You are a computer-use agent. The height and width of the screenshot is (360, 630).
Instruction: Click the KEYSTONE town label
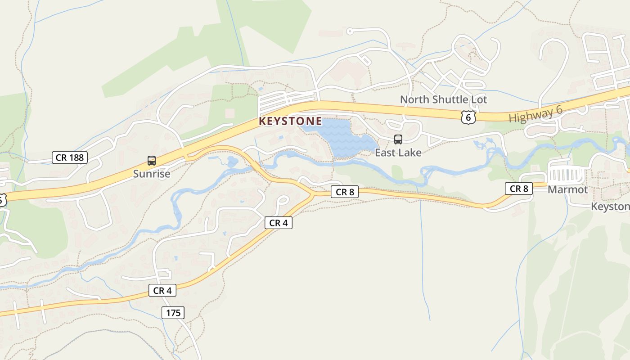[x=290, y=121]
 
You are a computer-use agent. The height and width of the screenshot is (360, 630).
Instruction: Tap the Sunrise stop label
[x=152, y=174]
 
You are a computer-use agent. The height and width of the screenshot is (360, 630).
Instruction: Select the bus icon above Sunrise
[x=152, y=161]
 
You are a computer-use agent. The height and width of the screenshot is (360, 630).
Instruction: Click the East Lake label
[x=398, y=153]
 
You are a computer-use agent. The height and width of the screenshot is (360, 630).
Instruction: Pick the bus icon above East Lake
[x=398, y=139]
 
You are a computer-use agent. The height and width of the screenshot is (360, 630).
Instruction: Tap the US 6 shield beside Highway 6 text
[x=468, y=117]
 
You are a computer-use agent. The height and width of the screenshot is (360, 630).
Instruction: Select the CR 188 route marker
[x=69, y=157]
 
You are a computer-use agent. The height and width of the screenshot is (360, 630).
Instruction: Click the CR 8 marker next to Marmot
[x=519, y=189]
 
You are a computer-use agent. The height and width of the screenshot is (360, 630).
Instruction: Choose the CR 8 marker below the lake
[x=345, y=192]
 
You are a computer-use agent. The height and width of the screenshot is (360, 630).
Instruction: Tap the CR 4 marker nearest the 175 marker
[x=162, y=291]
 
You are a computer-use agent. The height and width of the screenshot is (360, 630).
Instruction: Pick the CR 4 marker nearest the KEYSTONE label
[x=278, y=223]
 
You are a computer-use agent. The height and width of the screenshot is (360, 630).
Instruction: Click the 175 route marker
[x=173, y=313]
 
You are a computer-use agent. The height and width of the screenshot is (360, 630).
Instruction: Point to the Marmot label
[x=567, y=189]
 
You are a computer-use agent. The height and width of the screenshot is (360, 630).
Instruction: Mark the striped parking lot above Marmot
[x=566, y=174]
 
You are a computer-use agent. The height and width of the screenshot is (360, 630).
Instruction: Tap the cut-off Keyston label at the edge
[x=610, y=207]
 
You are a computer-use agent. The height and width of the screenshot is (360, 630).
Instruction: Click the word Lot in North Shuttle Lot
[x=478, y=99]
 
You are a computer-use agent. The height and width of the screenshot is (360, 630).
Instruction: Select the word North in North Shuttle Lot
[x=413, y=99]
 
